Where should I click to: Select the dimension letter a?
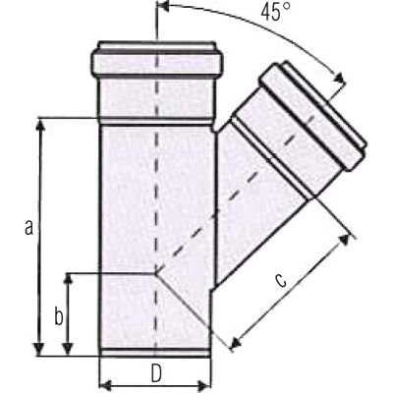(28, 228)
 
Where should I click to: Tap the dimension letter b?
(59, 316)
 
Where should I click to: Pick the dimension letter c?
(280, 281)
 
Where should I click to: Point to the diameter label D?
(156, 373)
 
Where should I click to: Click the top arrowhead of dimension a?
(40, 125)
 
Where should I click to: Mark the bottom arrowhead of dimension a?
(39, 349)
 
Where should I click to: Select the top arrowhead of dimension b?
(68, 279)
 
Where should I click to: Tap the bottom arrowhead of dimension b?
(68, 349)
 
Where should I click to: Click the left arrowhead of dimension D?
(105, 385)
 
